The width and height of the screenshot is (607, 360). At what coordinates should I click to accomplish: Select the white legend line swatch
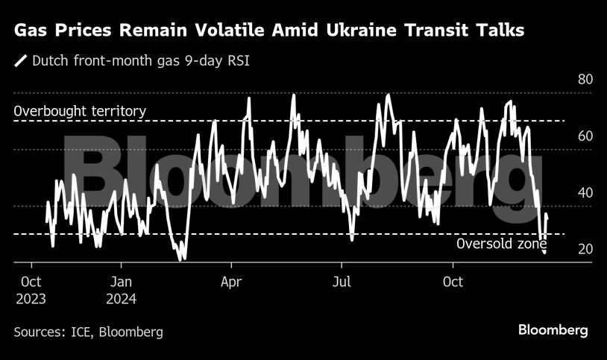click(x=21, y=60)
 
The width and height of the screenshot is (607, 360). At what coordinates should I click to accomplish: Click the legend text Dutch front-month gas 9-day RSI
click(x=140, y=60)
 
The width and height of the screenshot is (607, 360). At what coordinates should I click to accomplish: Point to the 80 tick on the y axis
click(x=585, y=80)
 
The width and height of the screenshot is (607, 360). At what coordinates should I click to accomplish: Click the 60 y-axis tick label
click(x=585, y=136)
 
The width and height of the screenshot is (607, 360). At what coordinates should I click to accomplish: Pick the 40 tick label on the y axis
click(x=585, y=192)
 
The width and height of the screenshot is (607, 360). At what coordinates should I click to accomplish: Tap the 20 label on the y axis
click(x=585, y=249)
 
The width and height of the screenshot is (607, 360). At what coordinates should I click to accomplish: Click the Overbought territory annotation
click(x=80, y=111)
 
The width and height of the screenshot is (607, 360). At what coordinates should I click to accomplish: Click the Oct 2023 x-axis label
click(x=31, y=291)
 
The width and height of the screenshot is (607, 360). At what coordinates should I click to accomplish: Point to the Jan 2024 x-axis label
click(x=121, y=291)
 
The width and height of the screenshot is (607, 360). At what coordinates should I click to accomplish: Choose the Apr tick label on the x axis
click(x=231, y=282)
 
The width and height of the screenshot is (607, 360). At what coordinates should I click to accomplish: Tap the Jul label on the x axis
click(x=341, y=282)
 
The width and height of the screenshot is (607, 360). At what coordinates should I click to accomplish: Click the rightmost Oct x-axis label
click(x=453, y=282)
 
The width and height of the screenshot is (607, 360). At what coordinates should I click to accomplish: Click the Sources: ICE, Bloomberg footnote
click(x=88, y=332)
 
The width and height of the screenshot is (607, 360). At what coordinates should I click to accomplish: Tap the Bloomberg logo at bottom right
click(x=553, y=329)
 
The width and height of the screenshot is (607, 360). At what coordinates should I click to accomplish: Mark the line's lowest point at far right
click(x=544, y=253)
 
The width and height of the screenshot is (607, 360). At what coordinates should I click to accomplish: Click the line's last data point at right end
click(x=547, y=216)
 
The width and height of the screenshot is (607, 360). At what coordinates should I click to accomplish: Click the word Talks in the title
click(x=498, y=31)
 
